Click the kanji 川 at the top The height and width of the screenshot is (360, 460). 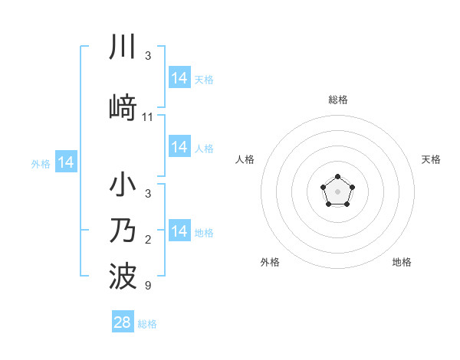tap(123, 47)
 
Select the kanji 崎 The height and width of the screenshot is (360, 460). tap(123, 107)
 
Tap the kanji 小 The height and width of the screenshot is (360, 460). tap(123, 186)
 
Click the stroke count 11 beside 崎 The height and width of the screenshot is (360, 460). tap(148, 117)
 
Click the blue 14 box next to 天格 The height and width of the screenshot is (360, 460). tap(179, 78)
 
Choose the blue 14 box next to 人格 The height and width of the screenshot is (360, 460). tap(179, 147)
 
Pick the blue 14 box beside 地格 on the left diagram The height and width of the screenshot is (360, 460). tap(179, 231)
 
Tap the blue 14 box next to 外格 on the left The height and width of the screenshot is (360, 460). tap(66, 162)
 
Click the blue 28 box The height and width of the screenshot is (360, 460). tap(123, 322)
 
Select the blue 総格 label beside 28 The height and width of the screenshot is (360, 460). tap(147, 324)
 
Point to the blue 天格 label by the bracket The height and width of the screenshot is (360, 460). tap(204, 79)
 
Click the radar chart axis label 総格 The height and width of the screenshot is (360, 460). tap(337, 100)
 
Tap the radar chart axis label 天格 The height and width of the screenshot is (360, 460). tap(431, 159)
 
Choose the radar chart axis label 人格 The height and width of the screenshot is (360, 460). tap(245, 159)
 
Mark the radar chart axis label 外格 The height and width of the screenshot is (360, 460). tap(270, 262)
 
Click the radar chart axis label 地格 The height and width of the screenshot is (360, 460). tap(402, 262)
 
